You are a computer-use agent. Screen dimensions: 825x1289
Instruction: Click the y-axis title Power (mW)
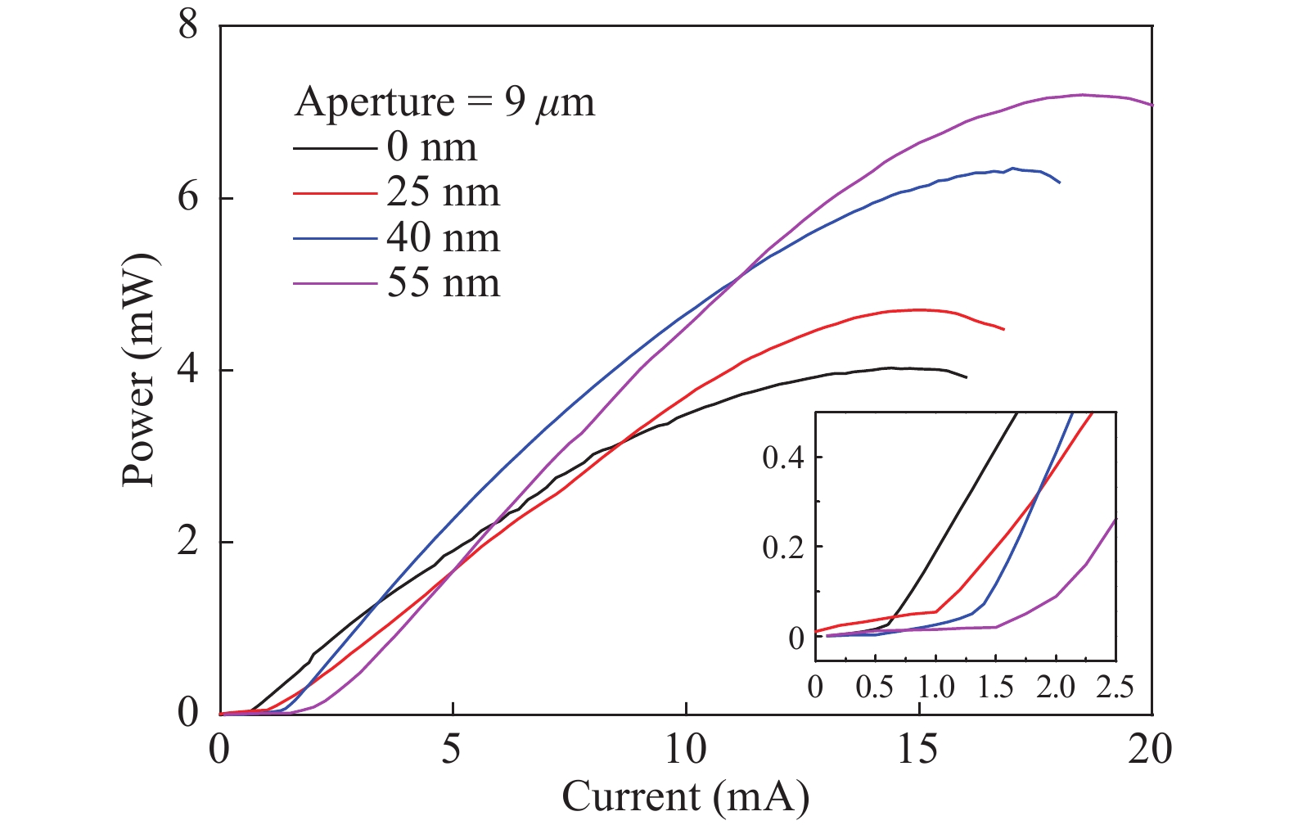139,369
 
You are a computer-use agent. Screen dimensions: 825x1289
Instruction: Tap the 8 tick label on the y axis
188,26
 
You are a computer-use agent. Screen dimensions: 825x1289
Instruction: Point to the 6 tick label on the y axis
188,198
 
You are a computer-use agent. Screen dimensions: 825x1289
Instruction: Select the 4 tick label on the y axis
188,370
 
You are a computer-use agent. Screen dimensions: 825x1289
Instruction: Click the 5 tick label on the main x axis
453,750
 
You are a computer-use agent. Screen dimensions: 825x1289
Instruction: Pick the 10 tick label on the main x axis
685,750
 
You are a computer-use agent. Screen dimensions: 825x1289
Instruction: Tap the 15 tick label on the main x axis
918,750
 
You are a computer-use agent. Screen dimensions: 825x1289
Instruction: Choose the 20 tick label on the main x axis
1150,750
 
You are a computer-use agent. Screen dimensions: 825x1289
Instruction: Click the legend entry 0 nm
431,147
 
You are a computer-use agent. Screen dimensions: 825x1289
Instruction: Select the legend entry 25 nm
443,193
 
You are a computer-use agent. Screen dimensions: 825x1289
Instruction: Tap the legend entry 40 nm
443,238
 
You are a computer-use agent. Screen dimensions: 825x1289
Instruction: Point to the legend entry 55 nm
443,283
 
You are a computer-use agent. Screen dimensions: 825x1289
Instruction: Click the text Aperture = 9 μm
444,102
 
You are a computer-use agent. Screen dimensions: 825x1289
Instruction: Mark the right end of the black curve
967,377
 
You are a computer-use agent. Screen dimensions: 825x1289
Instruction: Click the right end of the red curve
1003,329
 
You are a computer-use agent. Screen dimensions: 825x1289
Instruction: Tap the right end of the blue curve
1060,183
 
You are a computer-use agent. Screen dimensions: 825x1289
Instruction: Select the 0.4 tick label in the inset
783,458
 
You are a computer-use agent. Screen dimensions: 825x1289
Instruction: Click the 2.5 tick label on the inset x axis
1115,687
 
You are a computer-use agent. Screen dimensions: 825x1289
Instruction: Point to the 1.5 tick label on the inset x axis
995,687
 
